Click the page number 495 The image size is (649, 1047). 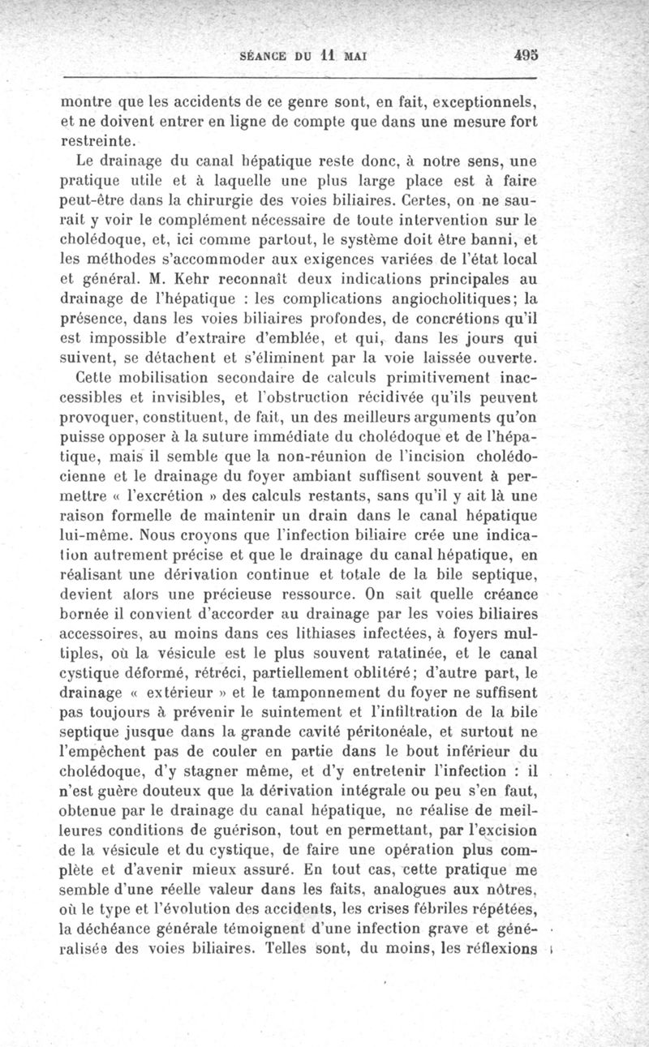pyautogui.click(x=527, y=57)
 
